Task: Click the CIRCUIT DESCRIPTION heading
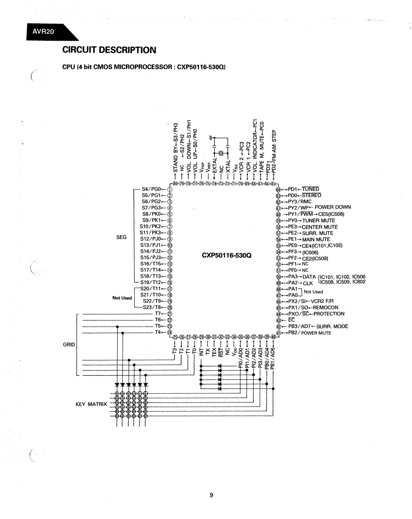click(109, 49)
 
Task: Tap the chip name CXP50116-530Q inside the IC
click(226, 255)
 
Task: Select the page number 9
click(211, 496)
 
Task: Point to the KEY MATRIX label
click(91, 404)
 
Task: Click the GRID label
click(68, 345)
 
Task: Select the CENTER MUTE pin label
click(320, 227)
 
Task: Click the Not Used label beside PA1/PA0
click(313, 292)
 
